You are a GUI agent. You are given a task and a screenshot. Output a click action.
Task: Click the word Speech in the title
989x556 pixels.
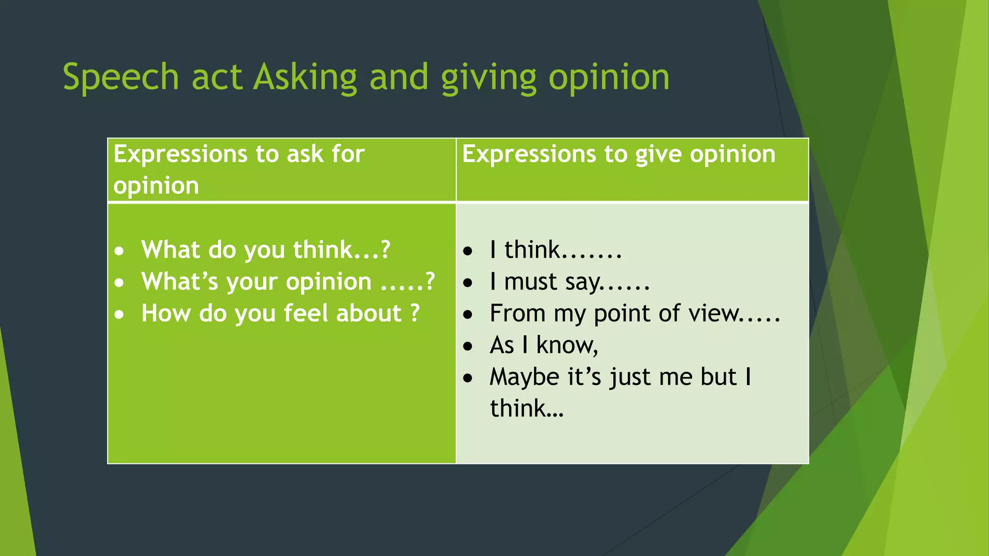121,77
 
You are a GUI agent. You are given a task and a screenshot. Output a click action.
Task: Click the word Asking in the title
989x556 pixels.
305,77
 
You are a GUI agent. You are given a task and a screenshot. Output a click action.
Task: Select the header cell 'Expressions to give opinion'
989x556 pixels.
619,155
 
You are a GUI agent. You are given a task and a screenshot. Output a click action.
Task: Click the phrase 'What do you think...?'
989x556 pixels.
266,250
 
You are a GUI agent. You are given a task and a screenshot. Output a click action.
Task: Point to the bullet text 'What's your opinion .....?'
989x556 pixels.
288,282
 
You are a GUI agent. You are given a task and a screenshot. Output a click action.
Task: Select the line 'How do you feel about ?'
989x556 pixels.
280,314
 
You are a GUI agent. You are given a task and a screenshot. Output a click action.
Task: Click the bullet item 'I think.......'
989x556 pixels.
555,250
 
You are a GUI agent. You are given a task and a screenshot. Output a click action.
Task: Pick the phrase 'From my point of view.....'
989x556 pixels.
635,314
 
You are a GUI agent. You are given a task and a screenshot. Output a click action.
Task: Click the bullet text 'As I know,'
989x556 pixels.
544,346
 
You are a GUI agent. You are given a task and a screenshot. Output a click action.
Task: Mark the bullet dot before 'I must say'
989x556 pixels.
467,283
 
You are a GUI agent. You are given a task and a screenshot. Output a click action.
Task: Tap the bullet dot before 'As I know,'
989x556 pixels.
467,347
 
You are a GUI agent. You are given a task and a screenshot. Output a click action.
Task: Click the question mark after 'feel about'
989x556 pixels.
415,314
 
